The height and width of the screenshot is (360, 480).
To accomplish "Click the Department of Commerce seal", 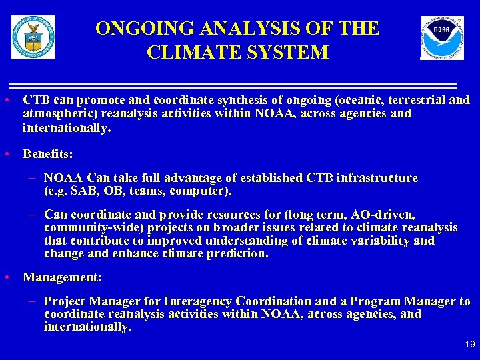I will (x=33, y=37).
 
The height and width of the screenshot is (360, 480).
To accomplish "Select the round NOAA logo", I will (x=442, y=38).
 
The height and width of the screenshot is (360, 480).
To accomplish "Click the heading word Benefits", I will (x=47, y=154).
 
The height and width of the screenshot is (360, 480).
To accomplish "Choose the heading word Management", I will (x=61, y=277).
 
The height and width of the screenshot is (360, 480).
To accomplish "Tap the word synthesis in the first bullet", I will (x=189, y=100).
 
